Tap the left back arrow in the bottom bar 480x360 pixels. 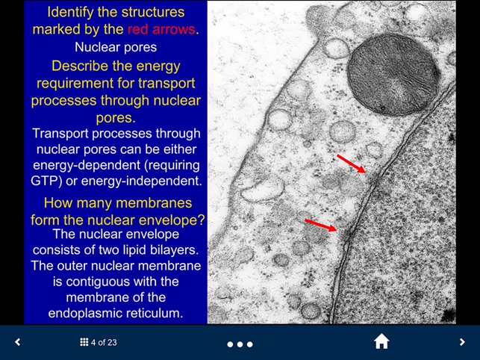18,342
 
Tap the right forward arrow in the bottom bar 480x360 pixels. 462,342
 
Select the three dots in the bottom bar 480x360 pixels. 240,344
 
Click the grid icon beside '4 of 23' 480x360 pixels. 84,343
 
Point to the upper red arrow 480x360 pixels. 351,164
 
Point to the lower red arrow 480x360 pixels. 322,224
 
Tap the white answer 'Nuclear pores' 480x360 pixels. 116,47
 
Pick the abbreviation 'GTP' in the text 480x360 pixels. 47,181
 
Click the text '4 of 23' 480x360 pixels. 104,343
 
